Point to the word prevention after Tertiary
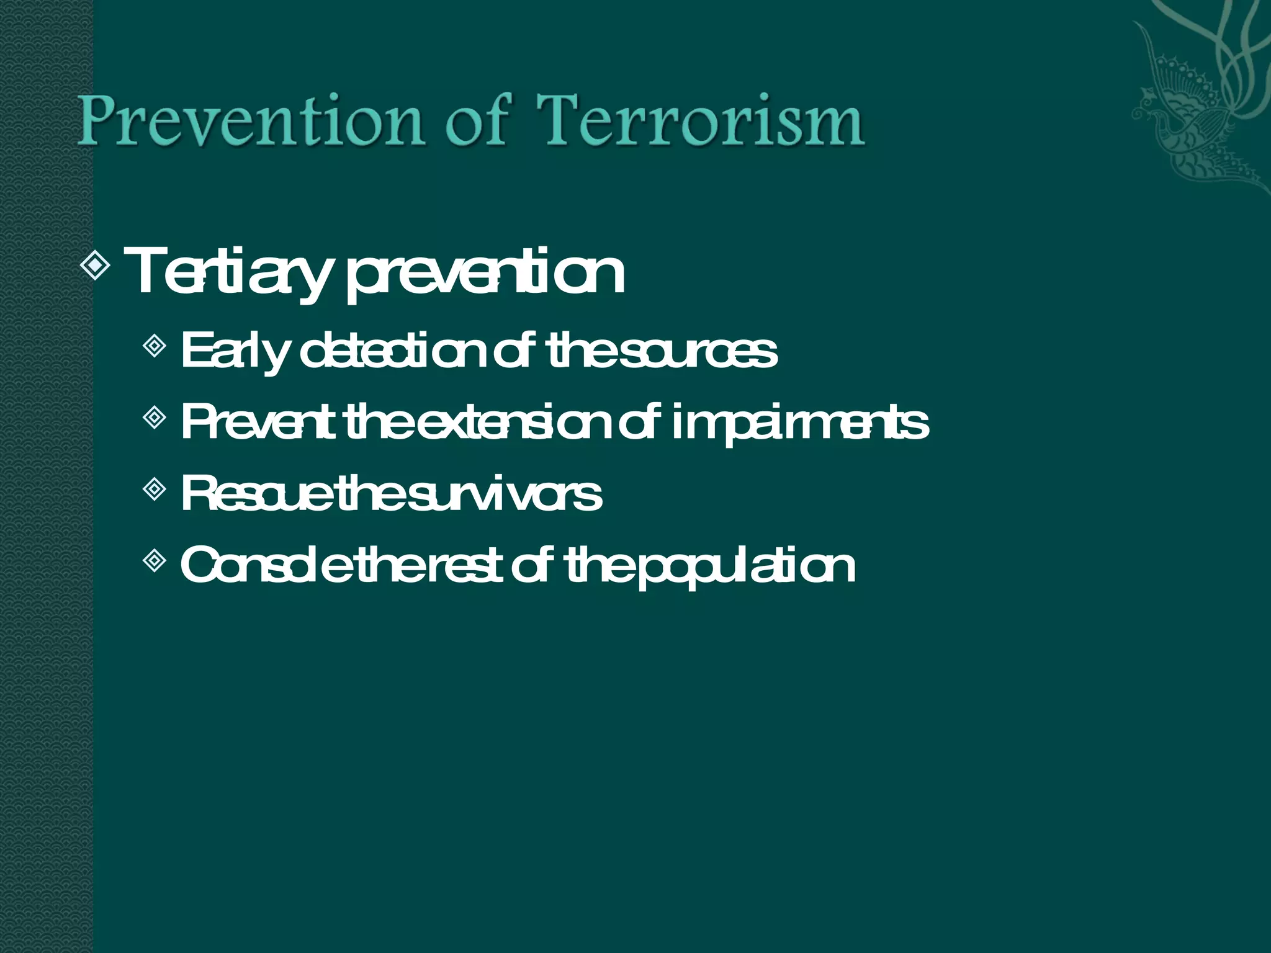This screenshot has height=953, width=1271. (x=485, y=273)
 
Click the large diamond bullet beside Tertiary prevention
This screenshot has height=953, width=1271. (x=96, y=266)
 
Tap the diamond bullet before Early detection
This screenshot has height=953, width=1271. (x=154, y=346)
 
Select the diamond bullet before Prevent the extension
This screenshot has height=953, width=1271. (x=154, y=418)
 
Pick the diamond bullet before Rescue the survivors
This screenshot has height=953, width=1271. (x=154, y=490)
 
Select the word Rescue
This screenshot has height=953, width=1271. (x=257, y=494)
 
